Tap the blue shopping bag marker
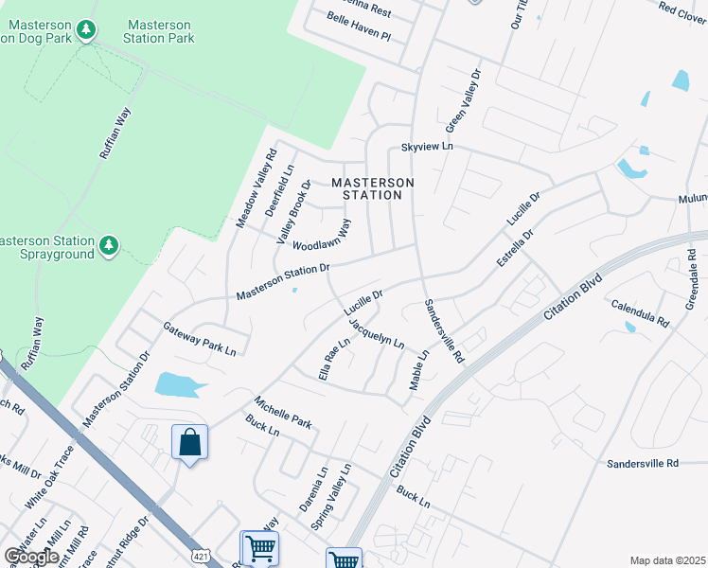[x=189, y=443]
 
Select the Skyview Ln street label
[x=427, y=148]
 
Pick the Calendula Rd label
[x=640, y=312]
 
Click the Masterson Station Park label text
[x=160, y=31]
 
